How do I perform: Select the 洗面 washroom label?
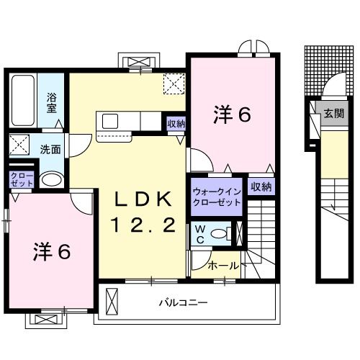click(50, 150)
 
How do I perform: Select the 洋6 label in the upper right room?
click(232, 114)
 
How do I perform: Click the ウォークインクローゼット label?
click(217, 198)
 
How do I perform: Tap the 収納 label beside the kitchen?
click(176, 125)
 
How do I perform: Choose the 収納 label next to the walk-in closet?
click(261, 186)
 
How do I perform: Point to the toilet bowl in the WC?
click(225, 233)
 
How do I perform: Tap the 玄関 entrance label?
click(333, 114)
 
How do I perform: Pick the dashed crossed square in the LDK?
click(173, 84)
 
